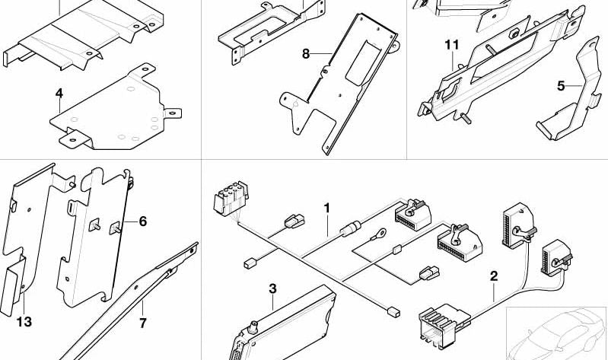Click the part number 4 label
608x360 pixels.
pos(59,94)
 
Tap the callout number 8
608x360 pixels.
pos(306,54)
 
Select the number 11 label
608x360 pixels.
pos(452,45)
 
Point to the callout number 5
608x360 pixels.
pos(561,86)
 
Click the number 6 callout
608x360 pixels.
pos(143,221)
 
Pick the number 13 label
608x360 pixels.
pos(24,322)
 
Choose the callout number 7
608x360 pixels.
pos(143,323)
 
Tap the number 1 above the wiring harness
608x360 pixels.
pos(327,209)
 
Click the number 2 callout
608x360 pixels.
pos(494,276)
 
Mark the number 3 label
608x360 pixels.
pos(272,288)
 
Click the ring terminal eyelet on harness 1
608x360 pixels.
pos(379,234)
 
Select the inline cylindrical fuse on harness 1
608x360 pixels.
pos(351,228)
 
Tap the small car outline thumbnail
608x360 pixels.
pos(556,334)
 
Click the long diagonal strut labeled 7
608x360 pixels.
pos(128,303)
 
